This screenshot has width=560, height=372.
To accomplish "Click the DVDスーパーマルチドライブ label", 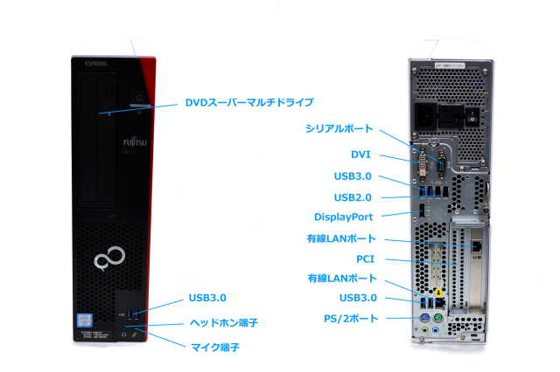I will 248,102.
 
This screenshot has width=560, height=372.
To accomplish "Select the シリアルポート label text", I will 339,127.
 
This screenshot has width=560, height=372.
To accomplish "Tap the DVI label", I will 360,154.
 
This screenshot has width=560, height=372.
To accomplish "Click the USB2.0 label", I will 352,196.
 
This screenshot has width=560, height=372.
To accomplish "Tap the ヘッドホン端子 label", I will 223,322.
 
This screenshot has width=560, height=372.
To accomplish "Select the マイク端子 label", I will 214,348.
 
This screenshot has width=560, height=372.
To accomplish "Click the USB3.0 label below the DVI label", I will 352,176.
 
